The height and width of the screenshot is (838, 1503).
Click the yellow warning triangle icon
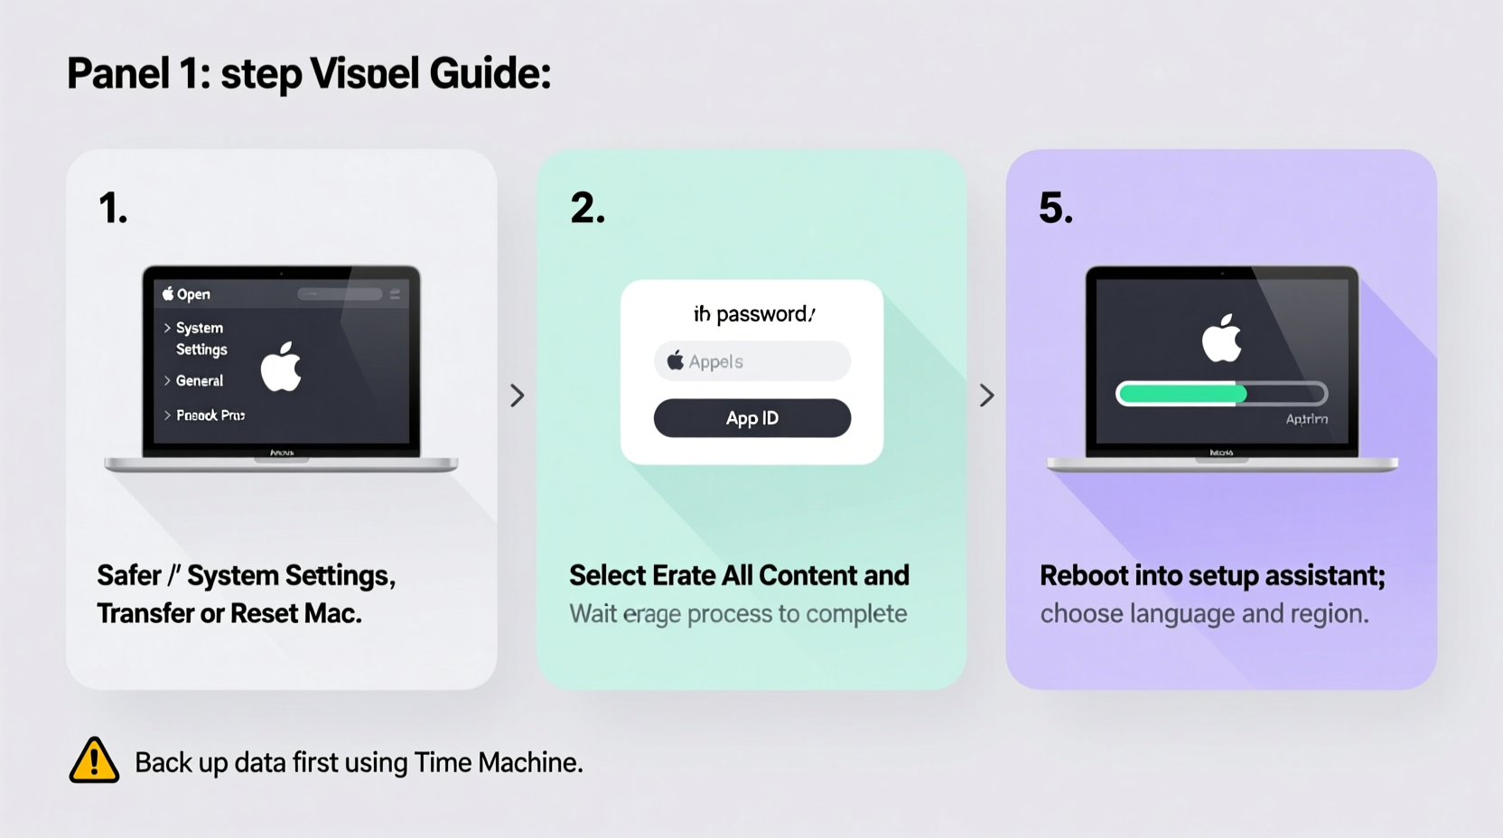94,760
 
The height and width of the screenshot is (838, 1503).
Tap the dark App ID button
751,418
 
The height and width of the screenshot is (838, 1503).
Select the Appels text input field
751,361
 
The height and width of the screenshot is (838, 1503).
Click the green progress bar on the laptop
1182,394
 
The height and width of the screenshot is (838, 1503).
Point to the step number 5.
1055,209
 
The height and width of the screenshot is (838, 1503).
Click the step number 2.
587,209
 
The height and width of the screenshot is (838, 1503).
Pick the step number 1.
112,209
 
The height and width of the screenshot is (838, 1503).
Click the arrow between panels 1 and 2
517,396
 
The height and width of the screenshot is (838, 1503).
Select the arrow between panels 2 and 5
986,396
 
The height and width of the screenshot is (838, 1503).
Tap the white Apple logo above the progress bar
1221,340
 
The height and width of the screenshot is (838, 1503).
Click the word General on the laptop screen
199,381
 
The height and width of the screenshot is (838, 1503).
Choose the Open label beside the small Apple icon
193,294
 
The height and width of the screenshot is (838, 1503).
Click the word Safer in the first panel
129,575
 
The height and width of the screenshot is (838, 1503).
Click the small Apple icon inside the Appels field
675,361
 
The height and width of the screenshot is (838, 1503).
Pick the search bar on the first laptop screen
340,294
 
